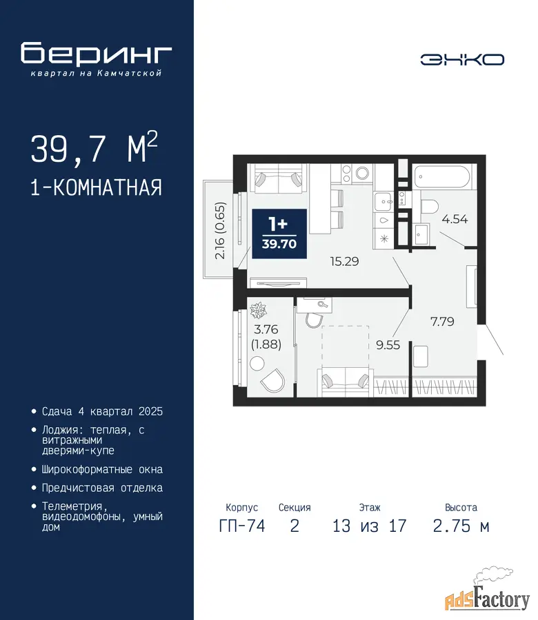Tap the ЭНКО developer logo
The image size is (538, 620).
[x=462, y=60]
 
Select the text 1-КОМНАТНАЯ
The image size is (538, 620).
[x=96, y=187]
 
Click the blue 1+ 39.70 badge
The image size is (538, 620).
[x=279, y=234]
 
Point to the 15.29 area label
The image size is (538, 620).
[x=344, y=261]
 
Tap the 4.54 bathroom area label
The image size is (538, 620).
[x=455, y=219]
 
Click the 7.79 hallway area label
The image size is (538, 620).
[x=442, y=321]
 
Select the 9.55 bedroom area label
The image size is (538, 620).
[x=388, y=345]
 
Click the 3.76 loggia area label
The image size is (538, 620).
[x=266, y=329]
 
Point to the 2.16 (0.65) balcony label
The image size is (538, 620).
[x=219, y=231]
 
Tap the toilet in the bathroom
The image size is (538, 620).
[x=429, y=207]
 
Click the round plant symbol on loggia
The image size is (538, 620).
[x=258, y=311]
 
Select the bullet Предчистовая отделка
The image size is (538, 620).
[x=98, y=488]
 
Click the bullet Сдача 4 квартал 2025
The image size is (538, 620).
[x=98, y=412]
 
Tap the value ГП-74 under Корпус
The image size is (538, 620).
[x=242, y=526]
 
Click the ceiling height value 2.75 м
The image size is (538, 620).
[x=461, y=526]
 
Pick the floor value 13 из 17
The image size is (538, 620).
[x=369, y=526]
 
